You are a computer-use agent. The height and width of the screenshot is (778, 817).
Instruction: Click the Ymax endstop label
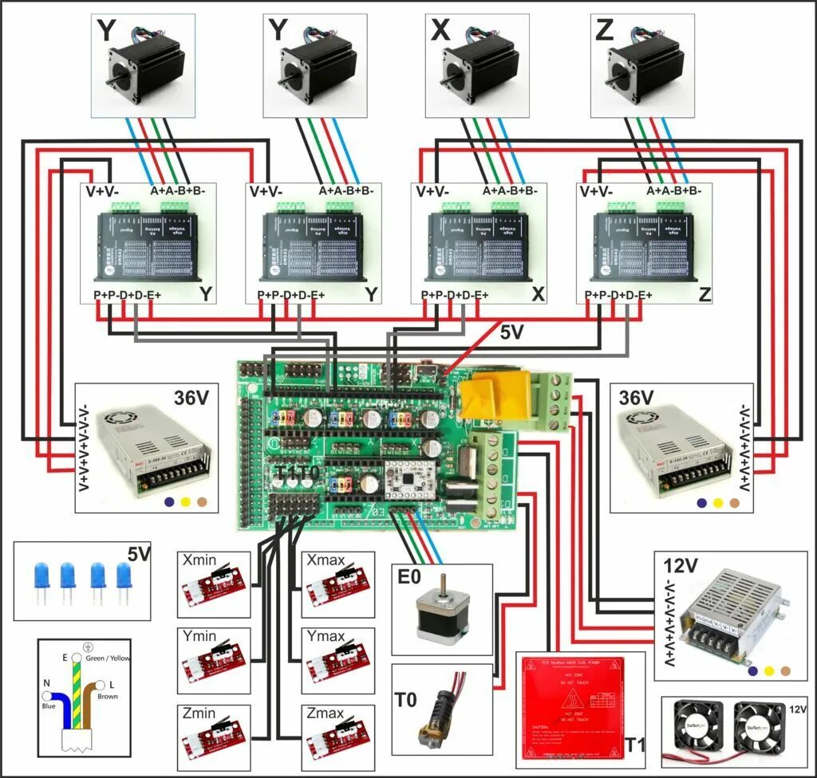coord(326,637)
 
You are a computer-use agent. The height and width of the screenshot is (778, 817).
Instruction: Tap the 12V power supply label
coord(681,566)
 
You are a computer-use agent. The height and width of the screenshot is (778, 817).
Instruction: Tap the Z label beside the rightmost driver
coord(705,295)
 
